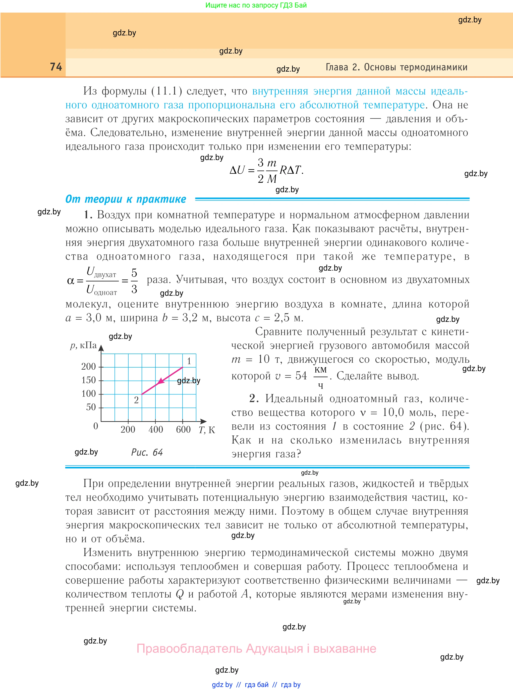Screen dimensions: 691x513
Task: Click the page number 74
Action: point(56,67)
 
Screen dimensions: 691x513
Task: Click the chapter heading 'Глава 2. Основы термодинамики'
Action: point(396,67)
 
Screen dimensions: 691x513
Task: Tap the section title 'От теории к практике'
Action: point(126,199)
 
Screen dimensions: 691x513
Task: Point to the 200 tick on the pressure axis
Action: point(88,367)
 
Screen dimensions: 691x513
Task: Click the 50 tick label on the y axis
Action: point(91,407)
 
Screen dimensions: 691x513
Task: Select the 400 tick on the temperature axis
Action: point(156,429)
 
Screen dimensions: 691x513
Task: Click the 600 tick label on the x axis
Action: point(183,429)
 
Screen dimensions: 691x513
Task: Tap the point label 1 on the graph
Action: point(189,361)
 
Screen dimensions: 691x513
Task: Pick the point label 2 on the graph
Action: point(136,400)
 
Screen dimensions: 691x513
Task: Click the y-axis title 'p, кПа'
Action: point(83,345)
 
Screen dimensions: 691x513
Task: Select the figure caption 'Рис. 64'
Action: point(147,452)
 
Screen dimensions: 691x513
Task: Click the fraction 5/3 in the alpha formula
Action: point(134,281)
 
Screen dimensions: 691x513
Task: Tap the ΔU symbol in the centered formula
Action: point(237,170)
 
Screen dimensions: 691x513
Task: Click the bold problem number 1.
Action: point(88,215)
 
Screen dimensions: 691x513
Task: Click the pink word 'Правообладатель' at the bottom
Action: point(189,649)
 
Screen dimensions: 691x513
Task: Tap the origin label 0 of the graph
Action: point(96,426)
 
